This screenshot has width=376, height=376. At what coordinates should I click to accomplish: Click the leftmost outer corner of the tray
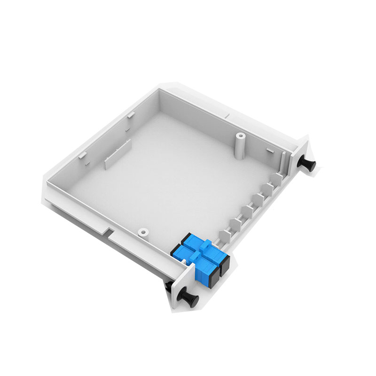[x=46, y=181]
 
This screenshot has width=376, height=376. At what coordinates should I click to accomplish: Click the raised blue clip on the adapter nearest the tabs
[x=205, y=244]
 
